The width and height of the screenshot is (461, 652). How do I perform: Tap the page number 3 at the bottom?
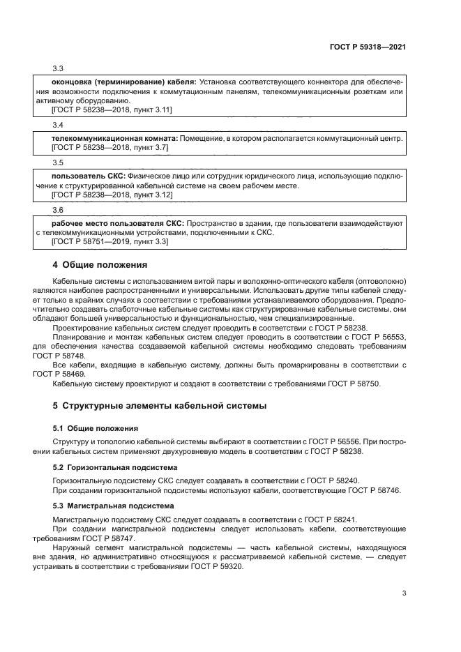[x=404, y=593]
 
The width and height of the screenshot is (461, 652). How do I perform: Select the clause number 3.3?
[x=58, y=68]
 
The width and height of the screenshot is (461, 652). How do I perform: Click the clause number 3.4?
[x=58, y=124]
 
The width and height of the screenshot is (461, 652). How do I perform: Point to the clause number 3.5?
[x=58, y=162]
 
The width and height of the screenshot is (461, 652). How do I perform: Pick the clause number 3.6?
[x=58, y=209]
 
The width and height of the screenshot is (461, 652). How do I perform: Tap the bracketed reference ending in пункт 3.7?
[x=110, y=149]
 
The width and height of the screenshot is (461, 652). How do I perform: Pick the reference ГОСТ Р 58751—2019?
[x=89, y=242]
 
